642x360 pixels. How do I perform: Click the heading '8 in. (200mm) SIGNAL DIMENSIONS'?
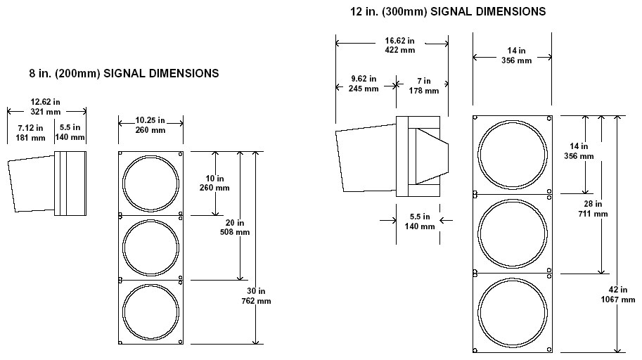[x=124, y=73]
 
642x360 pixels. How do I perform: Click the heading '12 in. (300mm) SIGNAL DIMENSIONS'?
[x=448, y=12]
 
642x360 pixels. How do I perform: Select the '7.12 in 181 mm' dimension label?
[x=30, y=132]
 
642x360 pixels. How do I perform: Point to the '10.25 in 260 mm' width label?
[x=150, y=125]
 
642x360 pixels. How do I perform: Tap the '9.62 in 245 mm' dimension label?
[x=364, y=84]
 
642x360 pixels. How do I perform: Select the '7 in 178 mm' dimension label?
[x=423, y=86]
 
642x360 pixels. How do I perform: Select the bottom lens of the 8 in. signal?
[x=150, y=312]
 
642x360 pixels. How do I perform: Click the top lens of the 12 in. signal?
[x=512, y=154]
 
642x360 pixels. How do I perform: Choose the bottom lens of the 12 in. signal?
[x=512, y=312]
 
